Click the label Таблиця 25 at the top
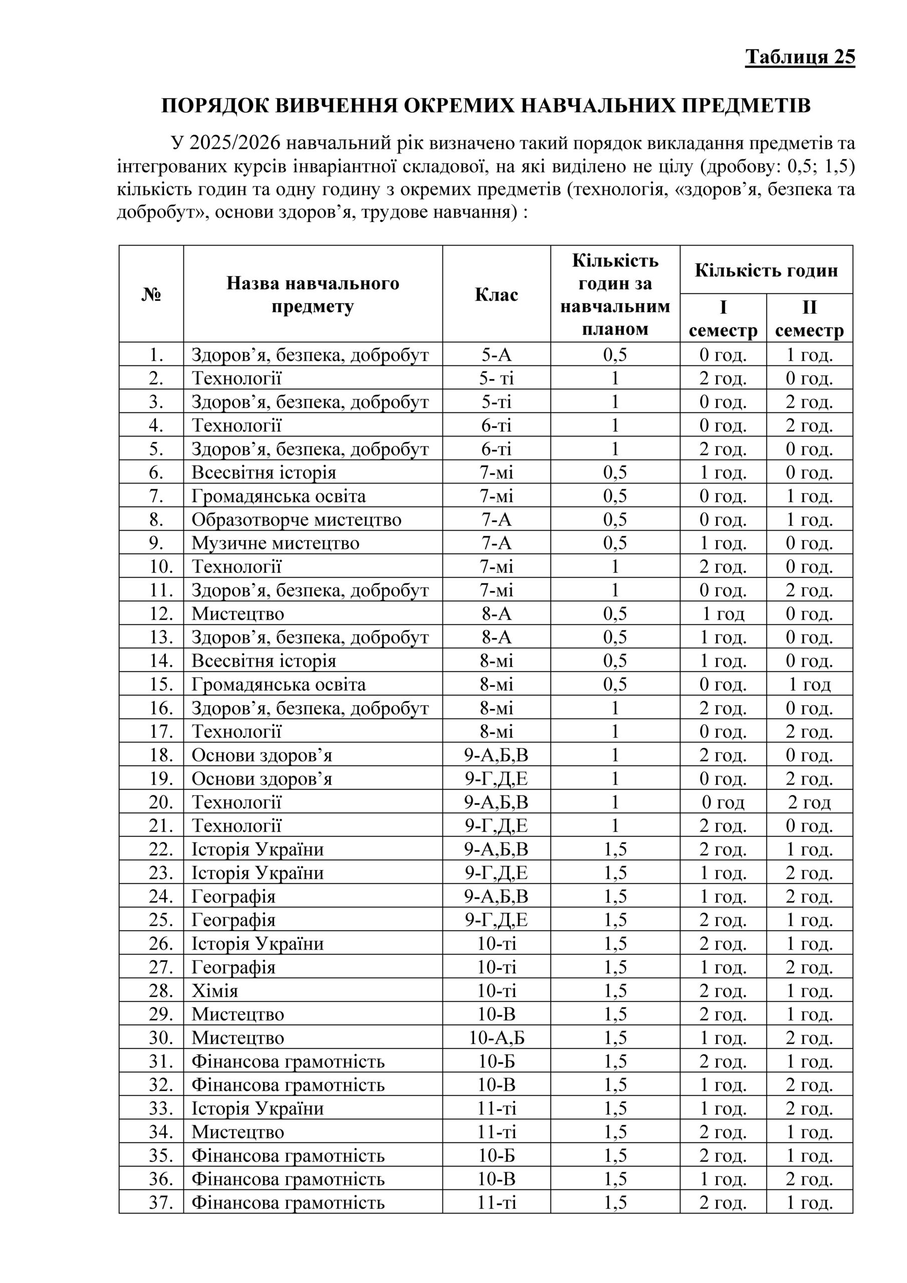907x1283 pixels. pyautogui.click(x=800, y=57)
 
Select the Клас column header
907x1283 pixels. pyautogui.click(x=496, y=295)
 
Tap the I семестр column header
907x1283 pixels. pyautogui.click(x=723, y=319)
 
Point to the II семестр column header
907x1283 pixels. pyautogui.click(x=809, y=319)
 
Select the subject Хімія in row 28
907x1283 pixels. pyautogui.click(x=214, y=990)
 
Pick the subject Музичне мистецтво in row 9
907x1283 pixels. pyautogui.click(x=276, y=543)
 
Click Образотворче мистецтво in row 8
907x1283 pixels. pyautogui.click(x=296, y=520)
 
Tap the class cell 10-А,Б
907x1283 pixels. pyautogui.click(x=496, y=1038)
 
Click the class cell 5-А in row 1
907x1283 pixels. pyautogui.click(x=496, y=355)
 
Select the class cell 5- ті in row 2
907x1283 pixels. pyautogui.click(x=496, y=378)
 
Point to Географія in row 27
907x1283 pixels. pyautogui.click(x=234, y=967)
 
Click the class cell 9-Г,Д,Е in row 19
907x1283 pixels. pyautogui.click(x=496, y=778)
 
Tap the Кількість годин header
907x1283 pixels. pyautogui.click(x=766, y=271)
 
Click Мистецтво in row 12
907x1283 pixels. pyautogui.click(x=238, y=613)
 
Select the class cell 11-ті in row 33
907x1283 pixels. pyautogui.click(x=496, y=1108)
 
